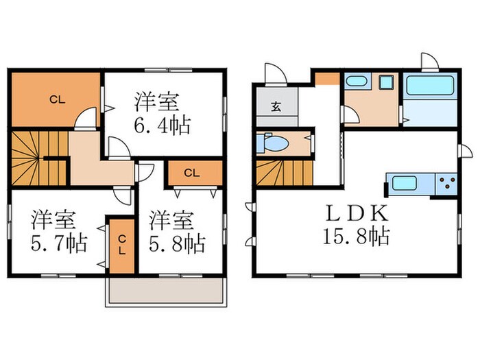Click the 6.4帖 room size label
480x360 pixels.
click(x=163, y=125)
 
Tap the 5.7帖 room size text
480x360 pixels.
click(x=59, y=243)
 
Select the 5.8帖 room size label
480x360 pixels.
click(x=177, y=243)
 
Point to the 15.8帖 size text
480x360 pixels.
click(x=356, y=236)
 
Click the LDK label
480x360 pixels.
click(x=357, y=213)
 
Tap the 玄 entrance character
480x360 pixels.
click(x=276, y=106)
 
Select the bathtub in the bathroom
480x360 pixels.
click(x=430, y=86)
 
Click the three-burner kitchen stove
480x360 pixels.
click(x=446, y=184)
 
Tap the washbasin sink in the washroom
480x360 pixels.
click(x=356, y=82)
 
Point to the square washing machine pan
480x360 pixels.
click(x=386, y=82)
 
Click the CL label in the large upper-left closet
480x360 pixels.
click(x=57, y=99)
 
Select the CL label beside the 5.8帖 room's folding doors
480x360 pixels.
click(x=192, y=173)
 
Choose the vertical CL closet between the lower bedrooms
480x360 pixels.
click(x=122, y=245)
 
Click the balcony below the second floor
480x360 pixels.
click(x=166, y=291)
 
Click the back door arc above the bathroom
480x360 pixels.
click(x=430, y=60)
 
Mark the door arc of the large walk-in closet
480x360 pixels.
click(x=85, y=117)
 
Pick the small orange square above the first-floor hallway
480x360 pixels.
click(x=328, y=79)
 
